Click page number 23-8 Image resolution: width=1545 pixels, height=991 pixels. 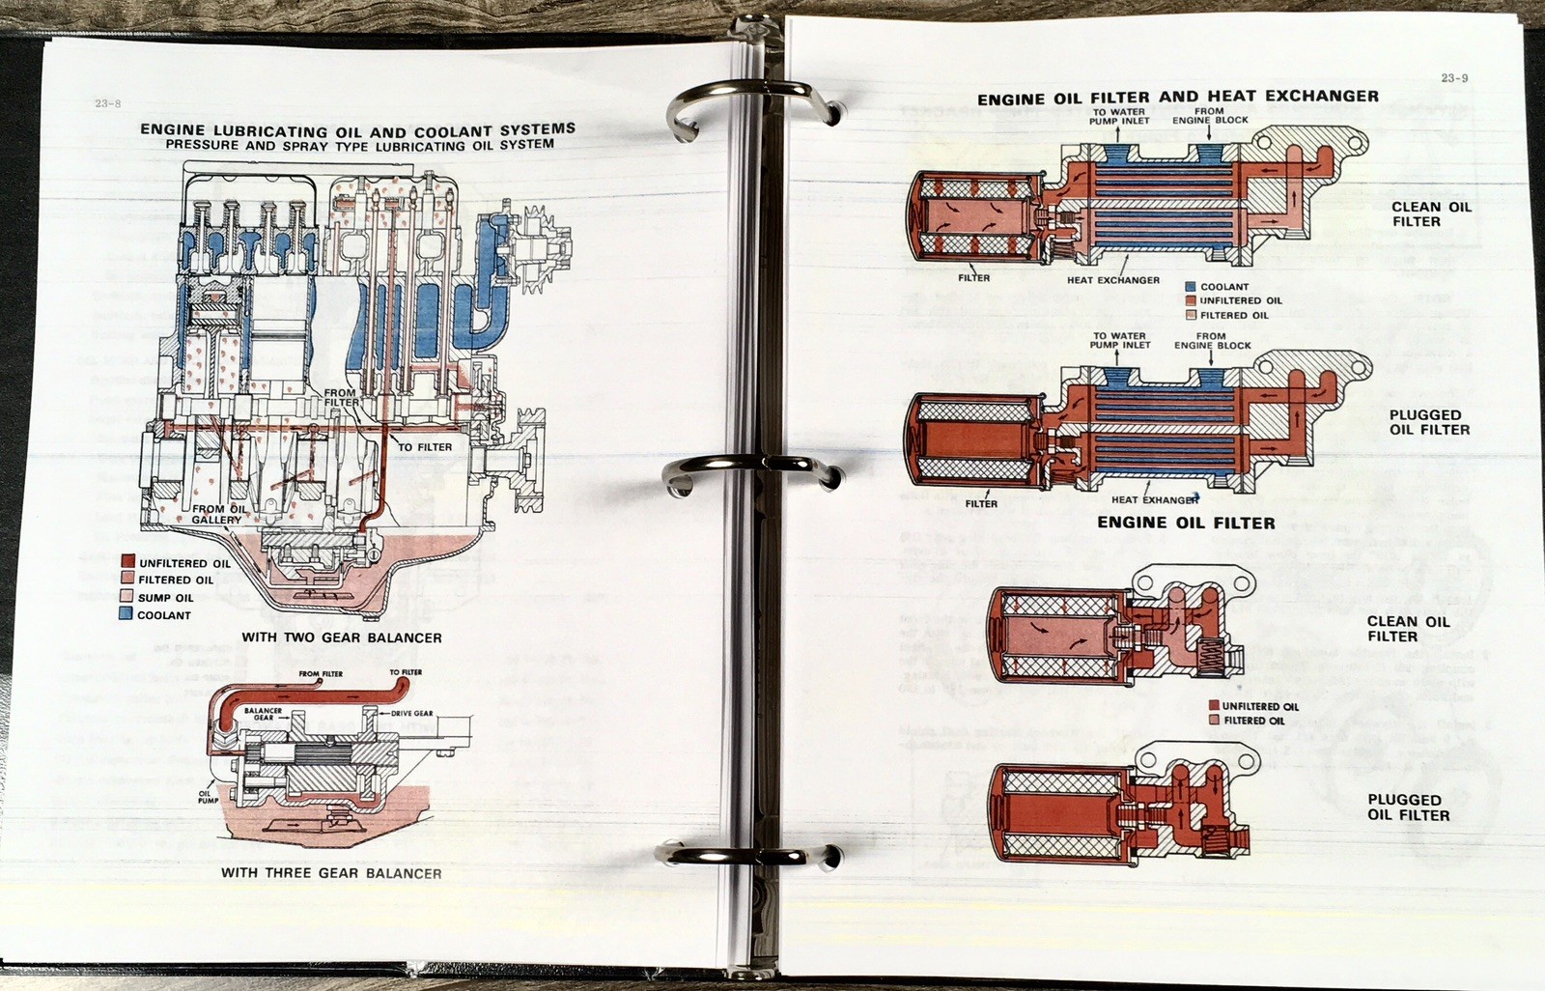[x=107, y=103]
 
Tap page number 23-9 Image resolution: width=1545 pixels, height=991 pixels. [x=1454, y=78]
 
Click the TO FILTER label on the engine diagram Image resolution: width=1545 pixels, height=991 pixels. [x=425, y=447]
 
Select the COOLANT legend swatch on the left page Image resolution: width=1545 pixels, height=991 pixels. [x=126, y=614]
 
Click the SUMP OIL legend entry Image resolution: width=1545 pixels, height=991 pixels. [x=165, y=598]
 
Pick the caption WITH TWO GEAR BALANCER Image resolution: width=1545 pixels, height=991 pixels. [x=342, y=637]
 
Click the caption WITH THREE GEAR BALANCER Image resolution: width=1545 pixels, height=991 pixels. [x=331, y=873]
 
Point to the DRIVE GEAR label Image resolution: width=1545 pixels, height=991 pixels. [x=411, y=713]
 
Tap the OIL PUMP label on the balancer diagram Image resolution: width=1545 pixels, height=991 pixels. [x=209, y=797]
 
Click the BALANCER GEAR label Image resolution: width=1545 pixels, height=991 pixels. [x=263, y=714]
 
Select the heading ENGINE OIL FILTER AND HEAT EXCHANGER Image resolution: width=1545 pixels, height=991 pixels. [x=1177, y=97]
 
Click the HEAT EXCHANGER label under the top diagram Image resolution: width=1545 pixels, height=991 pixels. [x=1112, y=280]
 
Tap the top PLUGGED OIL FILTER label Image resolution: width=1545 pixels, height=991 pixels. [x=1429, y=422]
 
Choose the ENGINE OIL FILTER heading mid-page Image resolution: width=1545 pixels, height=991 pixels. [x=1186, y=523]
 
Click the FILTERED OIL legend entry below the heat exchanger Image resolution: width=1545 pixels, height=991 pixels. [x=1234, y=315]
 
